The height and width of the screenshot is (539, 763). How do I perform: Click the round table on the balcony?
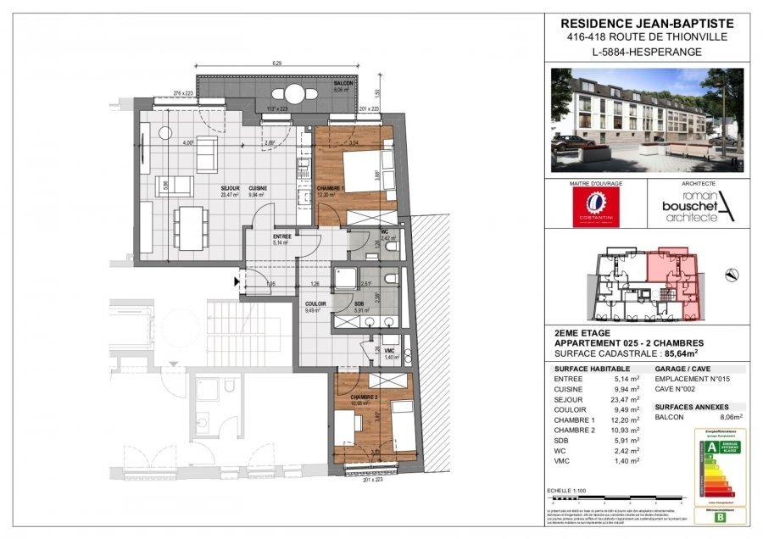(x=294, y=93)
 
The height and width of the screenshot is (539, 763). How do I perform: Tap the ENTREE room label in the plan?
(x=282, y=236)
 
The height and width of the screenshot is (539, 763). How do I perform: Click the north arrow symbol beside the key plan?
(x=732, y=273)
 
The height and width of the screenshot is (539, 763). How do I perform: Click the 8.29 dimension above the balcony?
(x=277, y=64)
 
